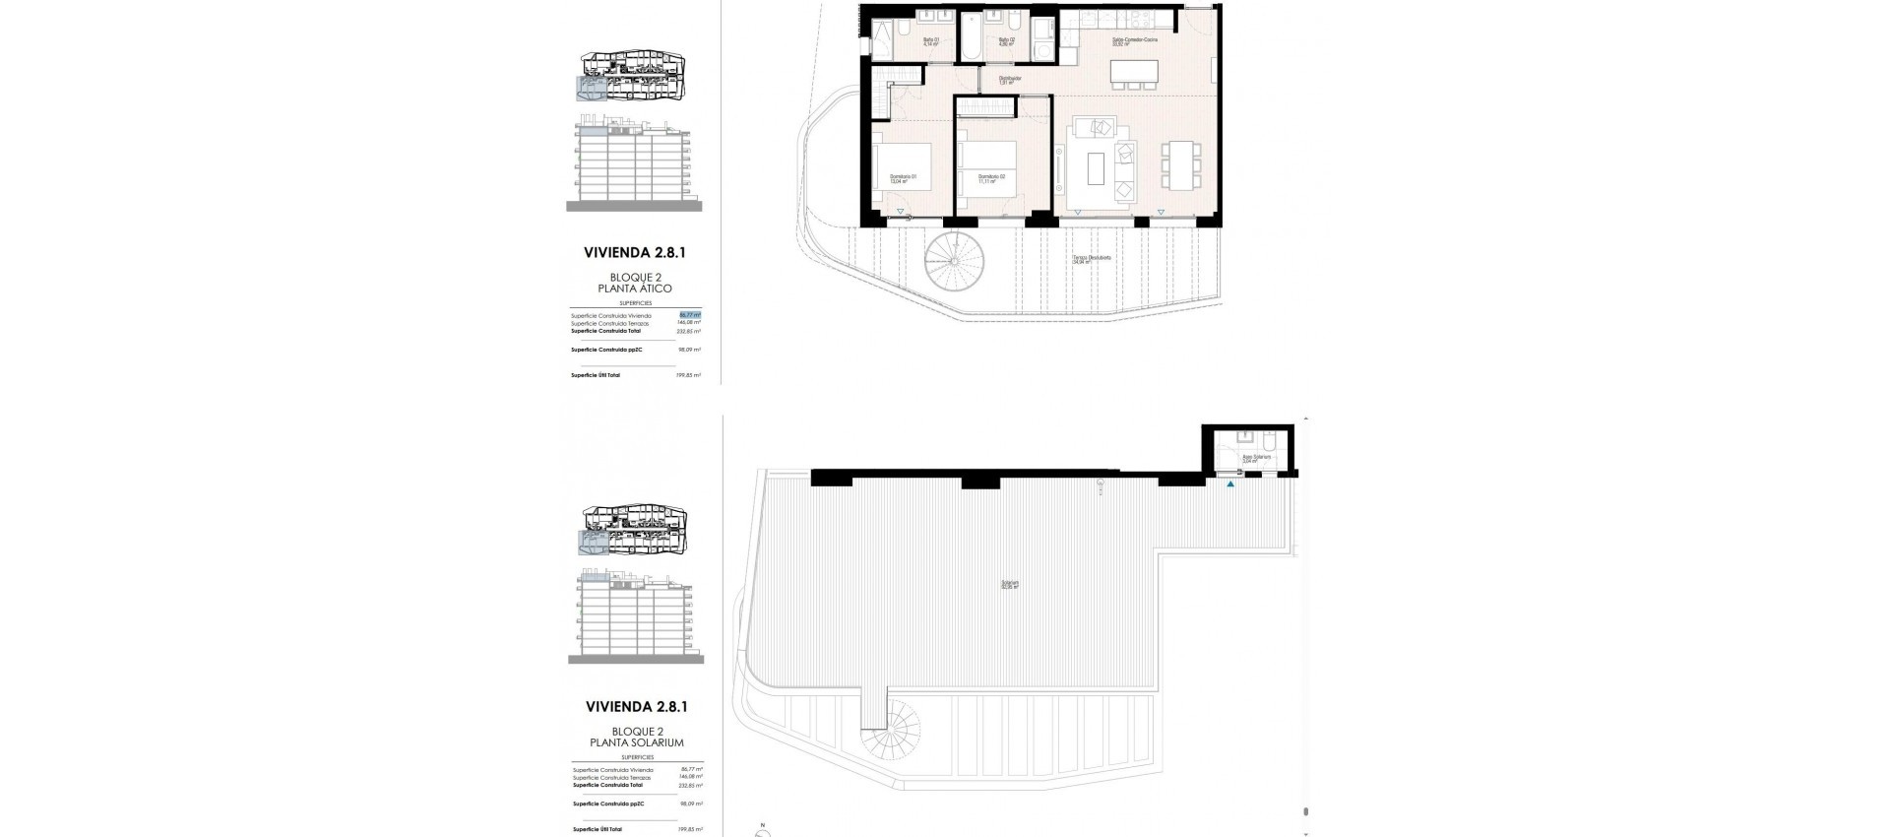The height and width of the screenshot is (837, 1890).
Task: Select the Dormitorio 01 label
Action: click(903, 179)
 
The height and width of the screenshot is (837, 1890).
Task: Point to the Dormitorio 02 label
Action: click(990, 179)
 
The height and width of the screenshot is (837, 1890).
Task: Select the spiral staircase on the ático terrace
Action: click(954, 261)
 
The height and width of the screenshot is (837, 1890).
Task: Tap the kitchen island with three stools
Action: click(1134, 72)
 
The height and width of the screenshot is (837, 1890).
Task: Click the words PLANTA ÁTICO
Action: click(635, 289)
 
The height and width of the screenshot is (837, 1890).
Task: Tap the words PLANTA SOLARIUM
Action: click(635, 742)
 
